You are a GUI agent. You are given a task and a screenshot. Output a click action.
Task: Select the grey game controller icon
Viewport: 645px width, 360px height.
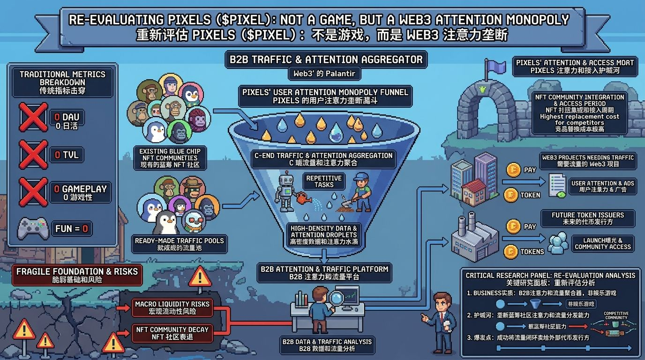click(x=33, y=229)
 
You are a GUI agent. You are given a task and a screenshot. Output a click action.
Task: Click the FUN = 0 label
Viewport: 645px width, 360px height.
click(x=71, y=229)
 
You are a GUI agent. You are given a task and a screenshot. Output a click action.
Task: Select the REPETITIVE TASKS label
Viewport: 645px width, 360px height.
click(x=323, y=181)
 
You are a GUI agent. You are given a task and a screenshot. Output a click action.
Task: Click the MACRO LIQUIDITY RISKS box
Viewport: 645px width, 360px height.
click(x=172, y=308)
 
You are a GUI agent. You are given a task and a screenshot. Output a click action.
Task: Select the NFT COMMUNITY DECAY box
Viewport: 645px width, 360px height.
click(x=172, y=333)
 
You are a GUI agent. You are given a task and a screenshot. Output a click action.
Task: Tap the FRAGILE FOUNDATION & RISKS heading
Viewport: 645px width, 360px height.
click(x=77, y=275)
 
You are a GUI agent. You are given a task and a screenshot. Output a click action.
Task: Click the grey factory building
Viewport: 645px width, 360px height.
click(x=474, y=238)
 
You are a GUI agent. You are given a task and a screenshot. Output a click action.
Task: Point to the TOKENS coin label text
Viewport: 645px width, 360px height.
click(x=532, y=252)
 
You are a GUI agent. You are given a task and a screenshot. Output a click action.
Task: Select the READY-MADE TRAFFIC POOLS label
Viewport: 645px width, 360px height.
click(x=180, y=244)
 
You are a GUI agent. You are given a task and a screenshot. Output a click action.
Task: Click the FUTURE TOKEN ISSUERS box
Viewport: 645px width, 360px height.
click(x=587, y=218)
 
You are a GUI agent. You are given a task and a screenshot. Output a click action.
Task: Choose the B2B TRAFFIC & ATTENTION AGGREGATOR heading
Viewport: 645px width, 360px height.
click(x=326, y=60)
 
